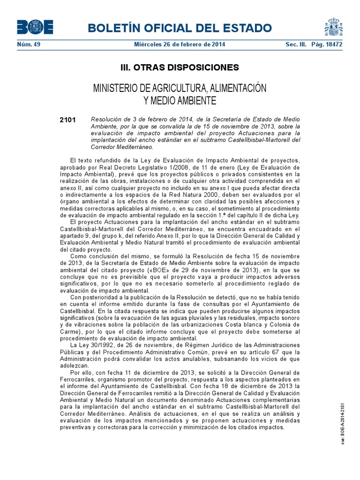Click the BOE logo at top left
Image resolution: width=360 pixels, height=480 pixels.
(x=35, y=28)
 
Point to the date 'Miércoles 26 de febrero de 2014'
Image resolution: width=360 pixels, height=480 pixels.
(x=180, y=44)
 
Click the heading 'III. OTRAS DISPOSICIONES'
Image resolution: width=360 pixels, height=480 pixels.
(x=180, y=67)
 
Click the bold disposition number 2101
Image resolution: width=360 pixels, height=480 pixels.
(x=67, y=120)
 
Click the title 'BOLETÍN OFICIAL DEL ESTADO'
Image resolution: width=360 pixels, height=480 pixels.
(x=183, y=28)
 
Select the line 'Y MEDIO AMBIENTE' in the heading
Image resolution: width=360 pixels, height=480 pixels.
(x=180, y=100)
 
